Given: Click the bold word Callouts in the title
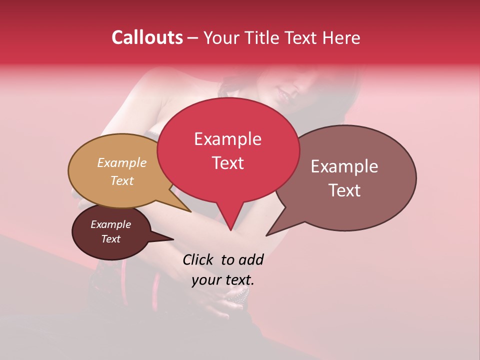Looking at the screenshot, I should (x=147, y=37).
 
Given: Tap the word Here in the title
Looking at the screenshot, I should (x=341, y=37).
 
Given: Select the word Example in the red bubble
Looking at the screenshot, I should (x=227, y=139).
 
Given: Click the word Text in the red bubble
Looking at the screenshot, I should (x=227, y=163).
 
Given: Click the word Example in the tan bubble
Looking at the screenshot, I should (x=121, y=162).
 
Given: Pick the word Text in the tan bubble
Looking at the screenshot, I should (x=121, y=180).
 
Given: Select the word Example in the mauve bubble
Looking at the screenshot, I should (x=344, y=166).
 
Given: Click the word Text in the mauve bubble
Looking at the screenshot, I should (x=345, y=190).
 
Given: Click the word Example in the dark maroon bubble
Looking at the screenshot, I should (x=110, y=224).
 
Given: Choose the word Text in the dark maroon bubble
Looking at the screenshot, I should (x=110, y=239).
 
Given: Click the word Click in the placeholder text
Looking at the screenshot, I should (x=198, y=259).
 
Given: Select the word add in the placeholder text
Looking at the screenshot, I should (x=251, y=259).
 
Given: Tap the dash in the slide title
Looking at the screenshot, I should (x=193, y=38).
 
